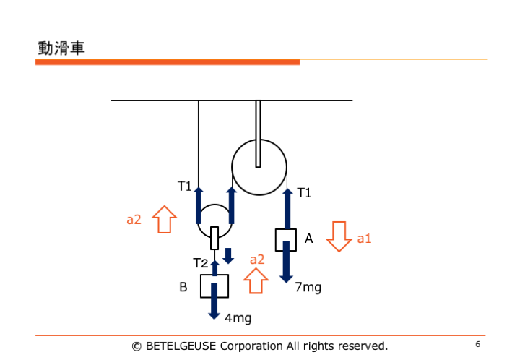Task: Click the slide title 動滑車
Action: (x=61, y=48)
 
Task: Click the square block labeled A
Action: (x=286, y=239)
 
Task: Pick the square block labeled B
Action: (x=214, y=286)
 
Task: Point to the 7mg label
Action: (x=308, y=287)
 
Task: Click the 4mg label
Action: (x=238, y=317)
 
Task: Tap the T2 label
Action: (x=201, y=262)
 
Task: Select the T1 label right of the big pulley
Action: (x=304, y=192)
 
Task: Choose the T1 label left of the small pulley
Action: (x=185, y=187)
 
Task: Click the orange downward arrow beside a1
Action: (x=338, y=236)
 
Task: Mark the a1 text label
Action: (x=364, y=238)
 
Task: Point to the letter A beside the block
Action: (x=309, y=238)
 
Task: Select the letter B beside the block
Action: (x=183, y=287)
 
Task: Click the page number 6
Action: (x=478, y=343)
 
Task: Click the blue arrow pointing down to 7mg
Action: (x=287, y=262)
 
